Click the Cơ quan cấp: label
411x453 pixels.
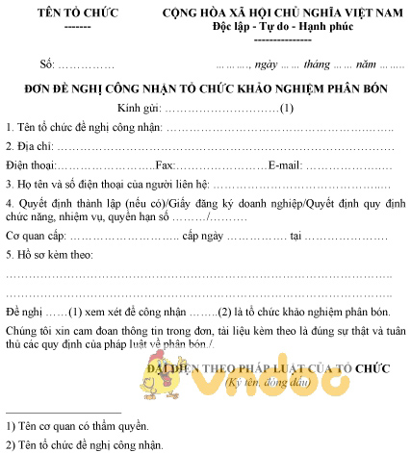36,236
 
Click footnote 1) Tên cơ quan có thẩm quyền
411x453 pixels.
78,425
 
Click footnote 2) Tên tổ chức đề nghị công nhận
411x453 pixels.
85,443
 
